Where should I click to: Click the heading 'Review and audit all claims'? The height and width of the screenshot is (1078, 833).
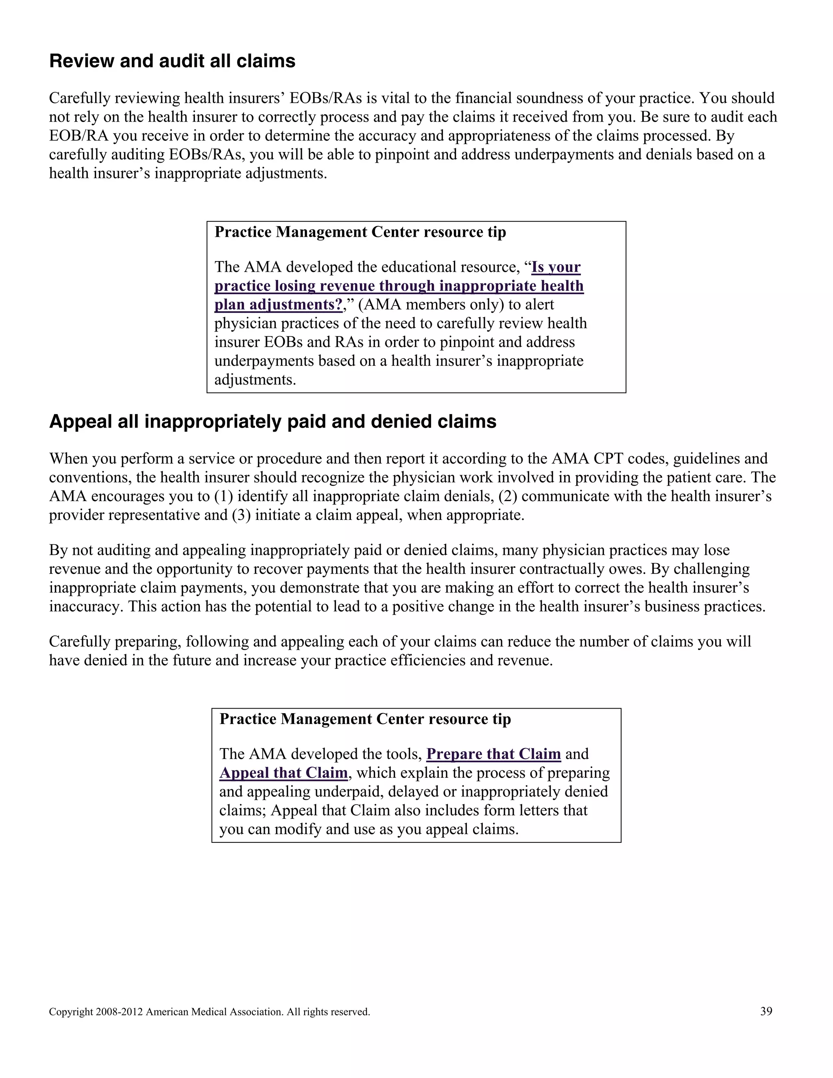(172, 61)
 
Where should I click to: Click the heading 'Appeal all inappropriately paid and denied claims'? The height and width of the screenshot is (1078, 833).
(273, 421)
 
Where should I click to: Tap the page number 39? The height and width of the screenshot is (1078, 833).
(766, 1011)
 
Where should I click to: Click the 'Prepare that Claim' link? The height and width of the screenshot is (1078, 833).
(493, 754)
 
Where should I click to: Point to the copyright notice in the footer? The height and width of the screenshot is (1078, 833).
(209, 1012)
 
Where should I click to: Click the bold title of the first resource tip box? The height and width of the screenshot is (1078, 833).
(360, 232)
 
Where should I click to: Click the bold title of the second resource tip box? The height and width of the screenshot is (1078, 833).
(365, 719)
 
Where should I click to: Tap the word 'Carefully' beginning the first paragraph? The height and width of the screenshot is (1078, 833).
(79, 98)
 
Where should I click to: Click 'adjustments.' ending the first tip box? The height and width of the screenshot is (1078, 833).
(255, 380)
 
